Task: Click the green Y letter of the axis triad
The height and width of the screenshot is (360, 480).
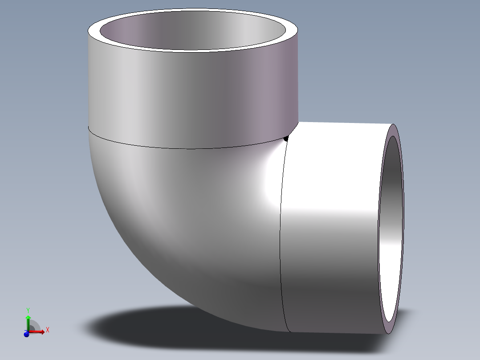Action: click(28, 310)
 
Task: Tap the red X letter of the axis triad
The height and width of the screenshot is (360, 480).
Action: click(47, 330)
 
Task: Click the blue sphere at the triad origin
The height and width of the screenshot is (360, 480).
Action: click(26, 334)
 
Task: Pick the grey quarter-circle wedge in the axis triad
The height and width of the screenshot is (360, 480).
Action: click(34, 326)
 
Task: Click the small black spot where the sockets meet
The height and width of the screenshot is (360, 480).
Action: click(286, 139)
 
